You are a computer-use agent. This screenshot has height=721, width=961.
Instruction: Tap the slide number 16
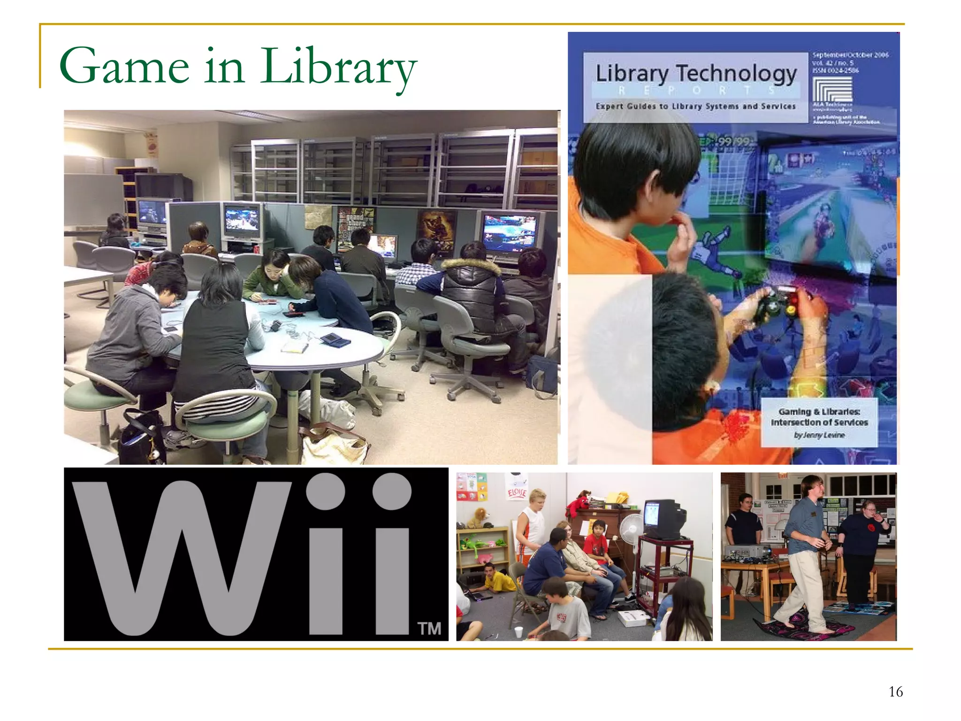point(895,691)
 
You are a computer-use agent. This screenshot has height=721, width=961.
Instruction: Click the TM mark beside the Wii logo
point(429,628)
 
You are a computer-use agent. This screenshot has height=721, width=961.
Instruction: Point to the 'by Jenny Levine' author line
point(819,435)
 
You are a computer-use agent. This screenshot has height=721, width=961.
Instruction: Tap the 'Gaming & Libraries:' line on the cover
point(819,412)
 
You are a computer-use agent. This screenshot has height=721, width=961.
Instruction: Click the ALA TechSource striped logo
point(832,89)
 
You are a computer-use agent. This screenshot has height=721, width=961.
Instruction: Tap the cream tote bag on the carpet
point(333,444)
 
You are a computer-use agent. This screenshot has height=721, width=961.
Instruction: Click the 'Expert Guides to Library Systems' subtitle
point(695,107)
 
